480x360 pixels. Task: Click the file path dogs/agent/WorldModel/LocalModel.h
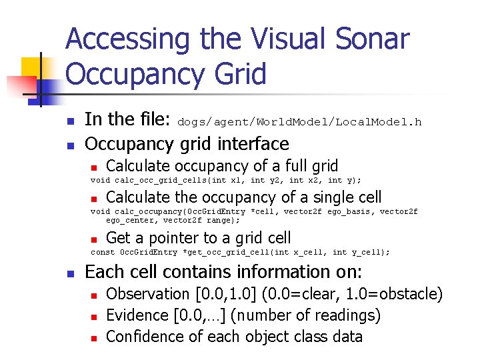click(x=300, y=122)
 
